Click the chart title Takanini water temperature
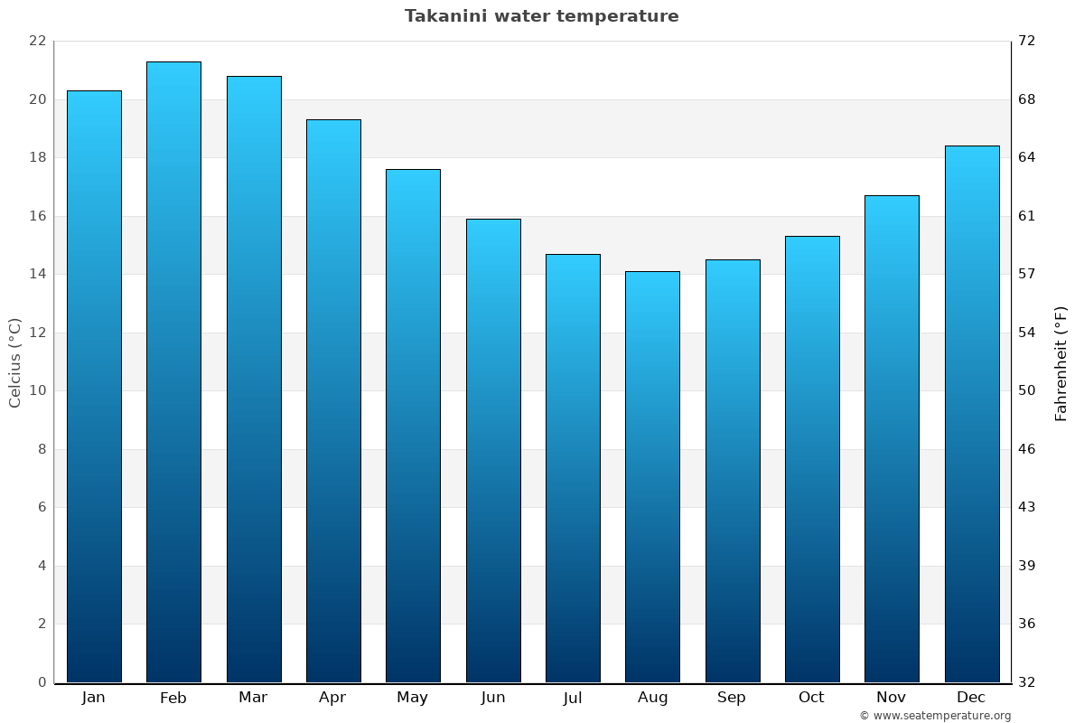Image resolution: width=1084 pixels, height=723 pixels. click(541, 16)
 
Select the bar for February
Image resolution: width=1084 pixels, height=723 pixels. click(173, 371)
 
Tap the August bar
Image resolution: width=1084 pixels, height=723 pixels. click(652, 476)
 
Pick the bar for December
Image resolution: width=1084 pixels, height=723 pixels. click(972, 414)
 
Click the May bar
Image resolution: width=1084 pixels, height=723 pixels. click(413, 426)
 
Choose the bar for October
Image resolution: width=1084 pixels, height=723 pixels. click(812, 459)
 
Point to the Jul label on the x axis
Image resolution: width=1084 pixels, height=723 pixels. click(573, 698)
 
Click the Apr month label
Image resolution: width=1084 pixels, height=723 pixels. click(332, 698)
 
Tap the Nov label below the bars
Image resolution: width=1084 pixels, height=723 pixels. click(892, 698)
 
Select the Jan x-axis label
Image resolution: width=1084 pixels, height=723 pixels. click(93, 698)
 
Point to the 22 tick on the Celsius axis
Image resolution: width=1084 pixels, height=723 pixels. click(37, 42)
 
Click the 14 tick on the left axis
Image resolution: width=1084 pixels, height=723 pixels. click(37, 275)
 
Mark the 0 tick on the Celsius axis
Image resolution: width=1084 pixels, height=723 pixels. click(42, 682)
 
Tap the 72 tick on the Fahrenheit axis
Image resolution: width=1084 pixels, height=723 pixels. click(1027, 42)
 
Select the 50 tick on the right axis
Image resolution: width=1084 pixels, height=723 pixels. click(1027, 391)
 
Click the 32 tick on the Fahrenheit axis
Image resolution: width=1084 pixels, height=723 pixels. click(1027, 682)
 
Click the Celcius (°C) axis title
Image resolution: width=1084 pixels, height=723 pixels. click(15, 362)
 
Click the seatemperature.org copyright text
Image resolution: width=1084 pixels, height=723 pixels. click(935, 716)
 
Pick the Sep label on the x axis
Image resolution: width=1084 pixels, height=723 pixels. click(732, 698)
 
